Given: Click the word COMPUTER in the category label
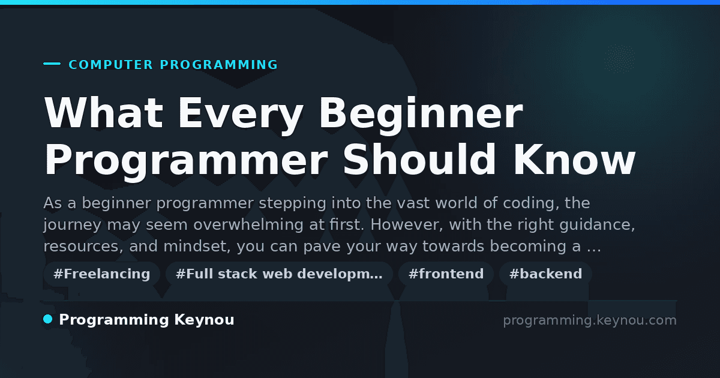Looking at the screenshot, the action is click(x=111, y=65).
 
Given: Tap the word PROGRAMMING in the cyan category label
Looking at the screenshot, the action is click(x=219, y=65).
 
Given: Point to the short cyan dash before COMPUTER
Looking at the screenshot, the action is click(x=52, y=64).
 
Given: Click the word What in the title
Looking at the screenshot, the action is click(x=104, y=113).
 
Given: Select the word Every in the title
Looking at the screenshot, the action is click(x=241, y=116).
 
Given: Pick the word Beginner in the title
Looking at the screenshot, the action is click(x=421, y=116).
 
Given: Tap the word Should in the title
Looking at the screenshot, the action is click(x=419, y=160).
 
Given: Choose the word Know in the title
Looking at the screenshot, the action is click(x=574, y=160).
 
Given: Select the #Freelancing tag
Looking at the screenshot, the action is click(x=101, y=274).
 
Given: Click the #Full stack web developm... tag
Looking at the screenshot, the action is click(x=279, y=274).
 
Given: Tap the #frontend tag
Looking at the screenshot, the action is click(x=446, y=274).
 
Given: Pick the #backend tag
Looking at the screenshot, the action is click(x=545, y=274).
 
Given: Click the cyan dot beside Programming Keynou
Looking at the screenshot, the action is click(x=47, y=319).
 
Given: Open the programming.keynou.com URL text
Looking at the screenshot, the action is click(x=590, y=320).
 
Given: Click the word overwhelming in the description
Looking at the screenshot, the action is click(x=248, y=224).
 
